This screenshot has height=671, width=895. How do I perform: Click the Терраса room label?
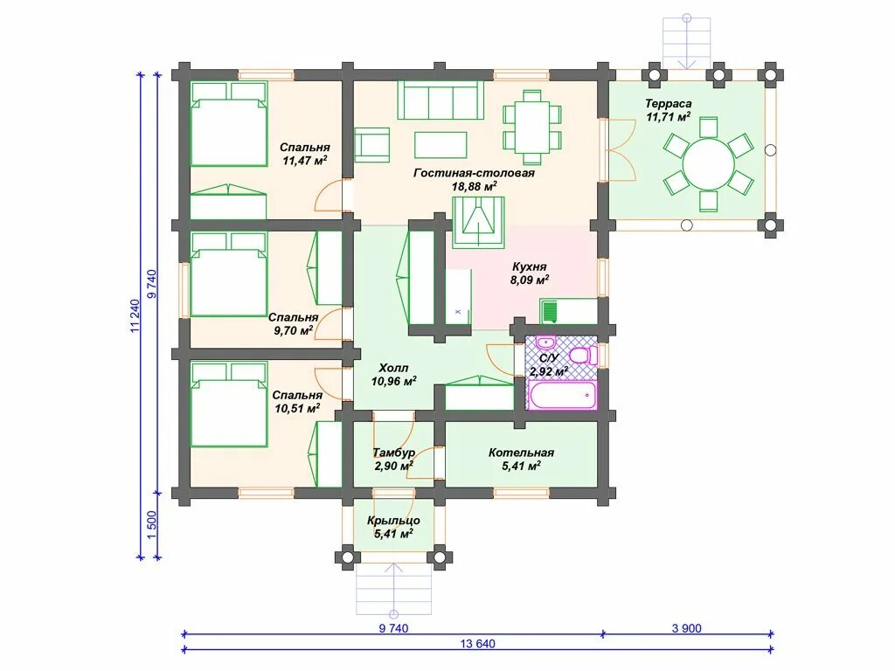pyautogui.click(x=668, y=104)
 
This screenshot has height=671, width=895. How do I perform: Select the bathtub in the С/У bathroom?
pyautogui.click(x=562, y=396)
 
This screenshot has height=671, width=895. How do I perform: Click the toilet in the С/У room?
pyautogui.click(x=583, y=356)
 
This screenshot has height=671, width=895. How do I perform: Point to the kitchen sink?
pyautogui.click(x=549, y=312)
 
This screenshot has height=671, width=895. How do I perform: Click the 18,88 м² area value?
pyautogui.click(x=474, y=187)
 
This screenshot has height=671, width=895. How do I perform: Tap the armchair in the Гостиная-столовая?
pyautogui.click(x=372, y=144)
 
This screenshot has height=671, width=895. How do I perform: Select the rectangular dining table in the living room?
pyautogui.click(x=532, y=127)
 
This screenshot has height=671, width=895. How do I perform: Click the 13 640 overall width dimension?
pyautogui.click(x=477, y=644)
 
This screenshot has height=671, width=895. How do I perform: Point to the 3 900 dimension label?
pyautogui.click(x=687, y=628)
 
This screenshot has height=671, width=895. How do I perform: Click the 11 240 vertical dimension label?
pyautogui.click(x=135, y=315)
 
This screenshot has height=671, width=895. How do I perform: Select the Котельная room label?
pyautogui.click(x=521, y=453)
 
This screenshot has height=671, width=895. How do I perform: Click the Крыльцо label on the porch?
pyautogui.click(x=394, y=521)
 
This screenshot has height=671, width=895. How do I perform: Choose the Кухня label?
pyautogui.click(x=529, y=266)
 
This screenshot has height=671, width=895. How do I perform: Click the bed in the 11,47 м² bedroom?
pyautogui.click(x=228, y=124)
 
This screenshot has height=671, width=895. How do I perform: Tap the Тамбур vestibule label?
pyautogui.click(x=393, y=453)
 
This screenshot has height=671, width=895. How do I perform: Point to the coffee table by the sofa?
pyautogui.click(x=441, y=145)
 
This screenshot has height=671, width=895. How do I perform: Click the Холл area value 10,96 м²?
pyautogui.click(x=393, y=381)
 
